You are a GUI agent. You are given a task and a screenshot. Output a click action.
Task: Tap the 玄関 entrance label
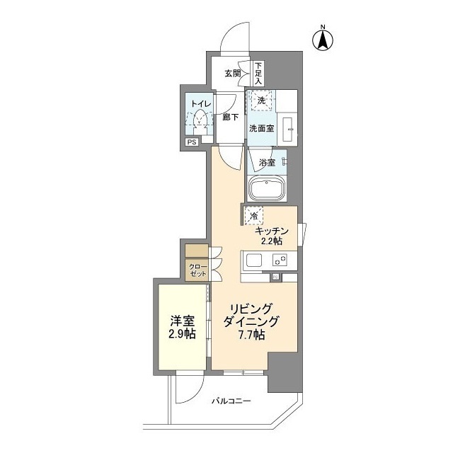(x=234, y=74)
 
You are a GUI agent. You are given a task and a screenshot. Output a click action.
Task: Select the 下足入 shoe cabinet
(x=258, y=73)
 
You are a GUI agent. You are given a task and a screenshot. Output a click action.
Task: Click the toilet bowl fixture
(x=202, y=117)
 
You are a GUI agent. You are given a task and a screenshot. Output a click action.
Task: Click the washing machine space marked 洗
(x=260, y=101)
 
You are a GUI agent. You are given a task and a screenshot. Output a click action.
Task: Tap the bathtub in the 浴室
(x=266, y=189)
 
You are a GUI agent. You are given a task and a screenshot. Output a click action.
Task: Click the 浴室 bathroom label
(x=267, y=163)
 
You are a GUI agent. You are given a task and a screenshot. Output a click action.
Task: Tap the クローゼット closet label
(x=196, y=269)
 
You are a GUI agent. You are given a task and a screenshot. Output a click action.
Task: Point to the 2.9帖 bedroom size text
(x=182, y=334)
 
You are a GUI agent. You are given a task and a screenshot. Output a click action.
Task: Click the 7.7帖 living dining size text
(x=251, y=336)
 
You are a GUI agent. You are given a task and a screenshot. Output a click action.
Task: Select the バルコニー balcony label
(x=231, y=401)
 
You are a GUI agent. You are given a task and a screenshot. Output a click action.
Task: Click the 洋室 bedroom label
(x=182, y=320)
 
